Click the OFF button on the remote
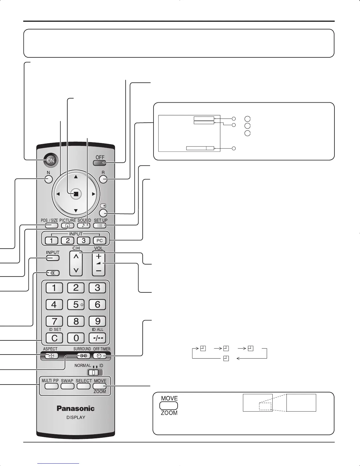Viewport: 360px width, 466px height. pyautogui.click(x=100, y=163)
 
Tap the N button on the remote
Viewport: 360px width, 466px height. pyautogui.click(x=49, y=179)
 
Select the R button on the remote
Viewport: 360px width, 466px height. pyautogui.click(x=103, y=179)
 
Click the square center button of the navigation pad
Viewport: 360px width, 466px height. pyautogui.click(x=76, y=194)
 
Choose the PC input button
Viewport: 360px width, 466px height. pyautogui.click(x=99, y=241)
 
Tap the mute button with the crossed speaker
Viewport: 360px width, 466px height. pyautogui.click(x=53, y=273)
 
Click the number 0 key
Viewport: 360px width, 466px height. pyautogui.click(x=76, y=338)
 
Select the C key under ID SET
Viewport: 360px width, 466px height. pyautogui.click(x=54, y=338)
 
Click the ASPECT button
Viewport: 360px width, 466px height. pyautogui.click(x=51, y=356)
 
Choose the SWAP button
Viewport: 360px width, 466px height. pyautogui.click(x=67, y=386)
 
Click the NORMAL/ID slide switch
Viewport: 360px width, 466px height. pyautogui.click(x=95, y=372)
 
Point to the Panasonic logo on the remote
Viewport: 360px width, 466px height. pyautogui.click(x=76, y=408)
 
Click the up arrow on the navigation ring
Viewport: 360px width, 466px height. pyautogui.click(x=76, y=177)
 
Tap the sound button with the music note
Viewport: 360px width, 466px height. pyautogui.click(x=84, y=226)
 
